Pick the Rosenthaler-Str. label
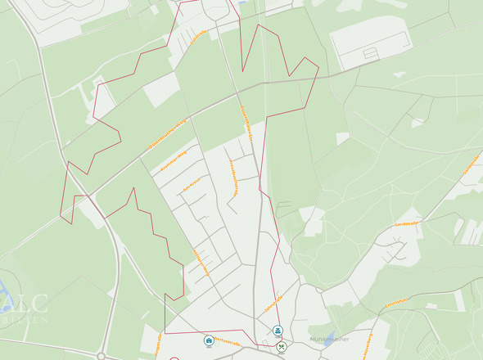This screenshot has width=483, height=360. click(233, 175)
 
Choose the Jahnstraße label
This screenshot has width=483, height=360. click(273, 303)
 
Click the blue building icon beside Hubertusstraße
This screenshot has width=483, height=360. click(210, 340)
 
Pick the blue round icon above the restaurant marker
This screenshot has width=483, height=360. click(278, 331)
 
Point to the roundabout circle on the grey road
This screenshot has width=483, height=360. click(101, 356)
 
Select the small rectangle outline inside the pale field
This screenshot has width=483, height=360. click(371, 53)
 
